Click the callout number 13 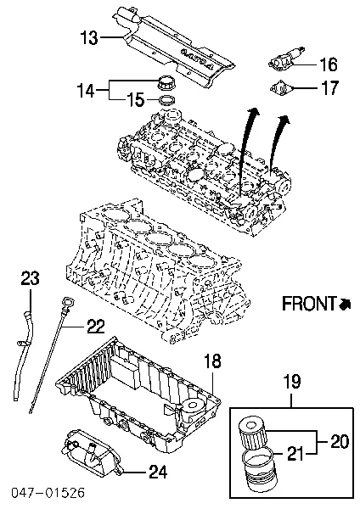(89, 37)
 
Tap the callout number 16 (329, 64)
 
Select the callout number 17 (329, 87)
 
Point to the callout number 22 (96, 327)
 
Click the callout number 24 (158, 472)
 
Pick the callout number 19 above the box (292, 382)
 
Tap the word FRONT (309, 304)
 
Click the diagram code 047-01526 (48, 492)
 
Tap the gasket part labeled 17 (281, 88)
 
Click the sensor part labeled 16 (287, 58)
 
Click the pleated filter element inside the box (253, 433)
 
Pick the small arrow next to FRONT (345, 304)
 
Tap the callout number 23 (31, 278)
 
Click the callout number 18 (212, 361)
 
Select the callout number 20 (340, 442)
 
